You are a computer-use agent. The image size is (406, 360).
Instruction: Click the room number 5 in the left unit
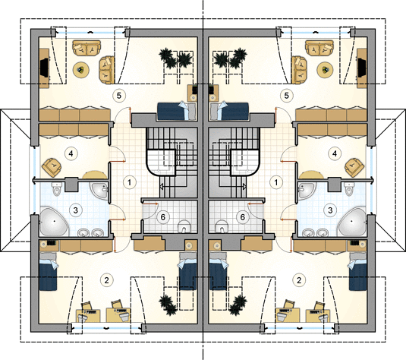pyautogui.click(x=119, y=96)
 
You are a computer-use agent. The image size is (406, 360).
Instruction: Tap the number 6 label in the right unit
pyautogui.click(x=243, y=217)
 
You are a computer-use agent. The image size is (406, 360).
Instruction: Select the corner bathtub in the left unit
pyautogui.click(x=54, y=222)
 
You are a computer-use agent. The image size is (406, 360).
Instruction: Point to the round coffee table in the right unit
pyautogui.click(x=324, y=69)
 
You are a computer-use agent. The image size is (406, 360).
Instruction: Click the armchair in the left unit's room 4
pyautogui.click(x=52, y=168)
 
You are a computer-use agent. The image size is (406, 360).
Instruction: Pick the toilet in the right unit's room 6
pyautogui.click(x=222, y=226)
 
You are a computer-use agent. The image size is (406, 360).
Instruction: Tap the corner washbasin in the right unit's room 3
pyautogui.click(x=307, y=191)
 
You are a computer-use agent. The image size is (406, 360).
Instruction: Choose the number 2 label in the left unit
pyautogui.click(x=106, y=280)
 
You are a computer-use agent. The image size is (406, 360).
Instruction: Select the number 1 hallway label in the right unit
pyautogui.click(x=276, y=182)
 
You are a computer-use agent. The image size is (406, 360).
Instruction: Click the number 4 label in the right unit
pyautogui.click(x=335, y=153)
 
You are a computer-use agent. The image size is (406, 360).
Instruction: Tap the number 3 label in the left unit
pyautogui.click(x=75, y=210)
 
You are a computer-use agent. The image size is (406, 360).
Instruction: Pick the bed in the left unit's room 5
pyautogui.click(x=177, y=111)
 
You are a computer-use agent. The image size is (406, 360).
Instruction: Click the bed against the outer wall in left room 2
pyautogui.click(x=48, y=272)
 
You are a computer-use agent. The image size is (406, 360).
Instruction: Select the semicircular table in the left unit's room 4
pyautogui.click(x=95, y=175)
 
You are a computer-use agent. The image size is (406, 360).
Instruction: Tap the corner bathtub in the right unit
pyautogui.click(x=352, y=222)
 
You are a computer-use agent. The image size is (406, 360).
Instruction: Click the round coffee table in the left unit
pyautogui.click(x=81, y=69)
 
